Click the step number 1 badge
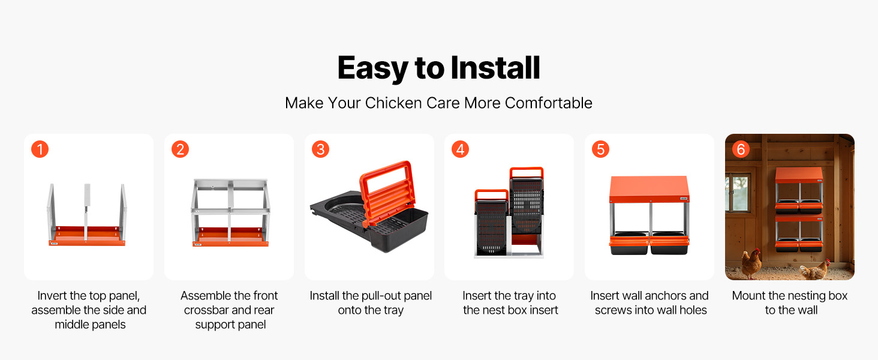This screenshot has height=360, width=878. click(40, 149)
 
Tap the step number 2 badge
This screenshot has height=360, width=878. click(180, 149)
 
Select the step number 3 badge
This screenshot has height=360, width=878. click(320, 149)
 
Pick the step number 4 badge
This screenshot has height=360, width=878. click(460, 149)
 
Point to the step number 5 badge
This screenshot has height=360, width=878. click(600, 149)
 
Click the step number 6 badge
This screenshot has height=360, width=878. click(741, 149)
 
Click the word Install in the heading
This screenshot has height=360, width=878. click(495, 68)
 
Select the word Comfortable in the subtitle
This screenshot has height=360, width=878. click(548, 103)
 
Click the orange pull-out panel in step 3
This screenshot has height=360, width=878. click(387, 192)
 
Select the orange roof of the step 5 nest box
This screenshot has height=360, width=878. click(649, 189)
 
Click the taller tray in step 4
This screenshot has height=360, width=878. click(527, 200)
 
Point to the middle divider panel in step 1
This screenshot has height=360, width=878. click(86, 212)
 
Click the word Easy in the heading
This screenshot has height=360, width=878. click(372, 68)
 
